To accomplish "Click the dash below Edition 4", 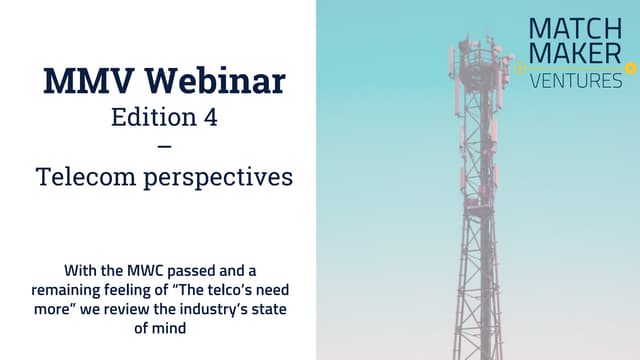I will click(164, 146).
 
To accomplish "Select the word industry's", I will click(204, 308).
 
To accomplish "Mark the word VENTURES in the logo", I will click(576, 80).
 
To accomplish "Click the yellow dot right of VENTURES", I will click(630, 68).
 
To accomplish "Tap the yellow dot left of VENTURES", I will click(520, 68).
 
